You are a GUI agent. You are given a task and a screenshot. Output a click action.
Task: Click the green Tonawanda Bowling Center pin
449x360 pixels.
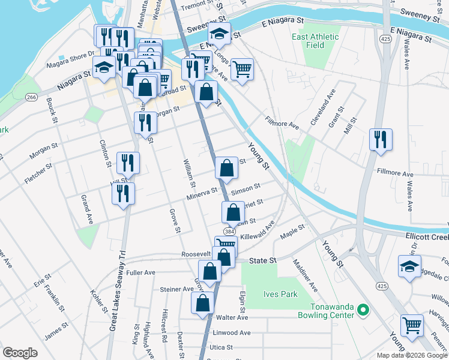[362, 310]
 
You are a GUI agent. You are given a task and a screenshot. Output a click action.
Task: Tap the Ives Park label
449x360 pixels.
[280, 294]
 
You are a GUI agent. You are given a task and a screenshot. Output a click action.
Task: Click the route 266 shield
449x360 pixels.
[32, 97]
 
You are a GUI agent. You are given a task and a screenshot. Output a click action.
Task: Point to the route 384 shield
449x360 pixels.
[229, 231]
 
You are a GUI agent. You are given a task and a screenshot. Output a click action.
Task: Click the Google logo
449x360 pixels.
[20, 353]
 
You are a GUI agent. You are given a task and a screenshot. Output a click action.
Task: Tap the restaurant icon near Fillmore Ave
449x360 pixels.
[381, 140]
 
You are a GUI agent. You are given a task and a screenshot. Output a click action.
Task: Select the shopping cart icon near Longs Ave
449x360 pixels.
[242, 69]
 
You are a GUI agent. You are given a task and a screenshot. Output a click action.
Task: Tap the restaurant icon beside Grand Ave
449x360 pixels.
[124, 193]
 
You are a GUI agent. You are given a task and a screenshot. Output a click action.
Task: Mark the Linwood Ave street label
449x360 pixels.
[231, 332]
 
